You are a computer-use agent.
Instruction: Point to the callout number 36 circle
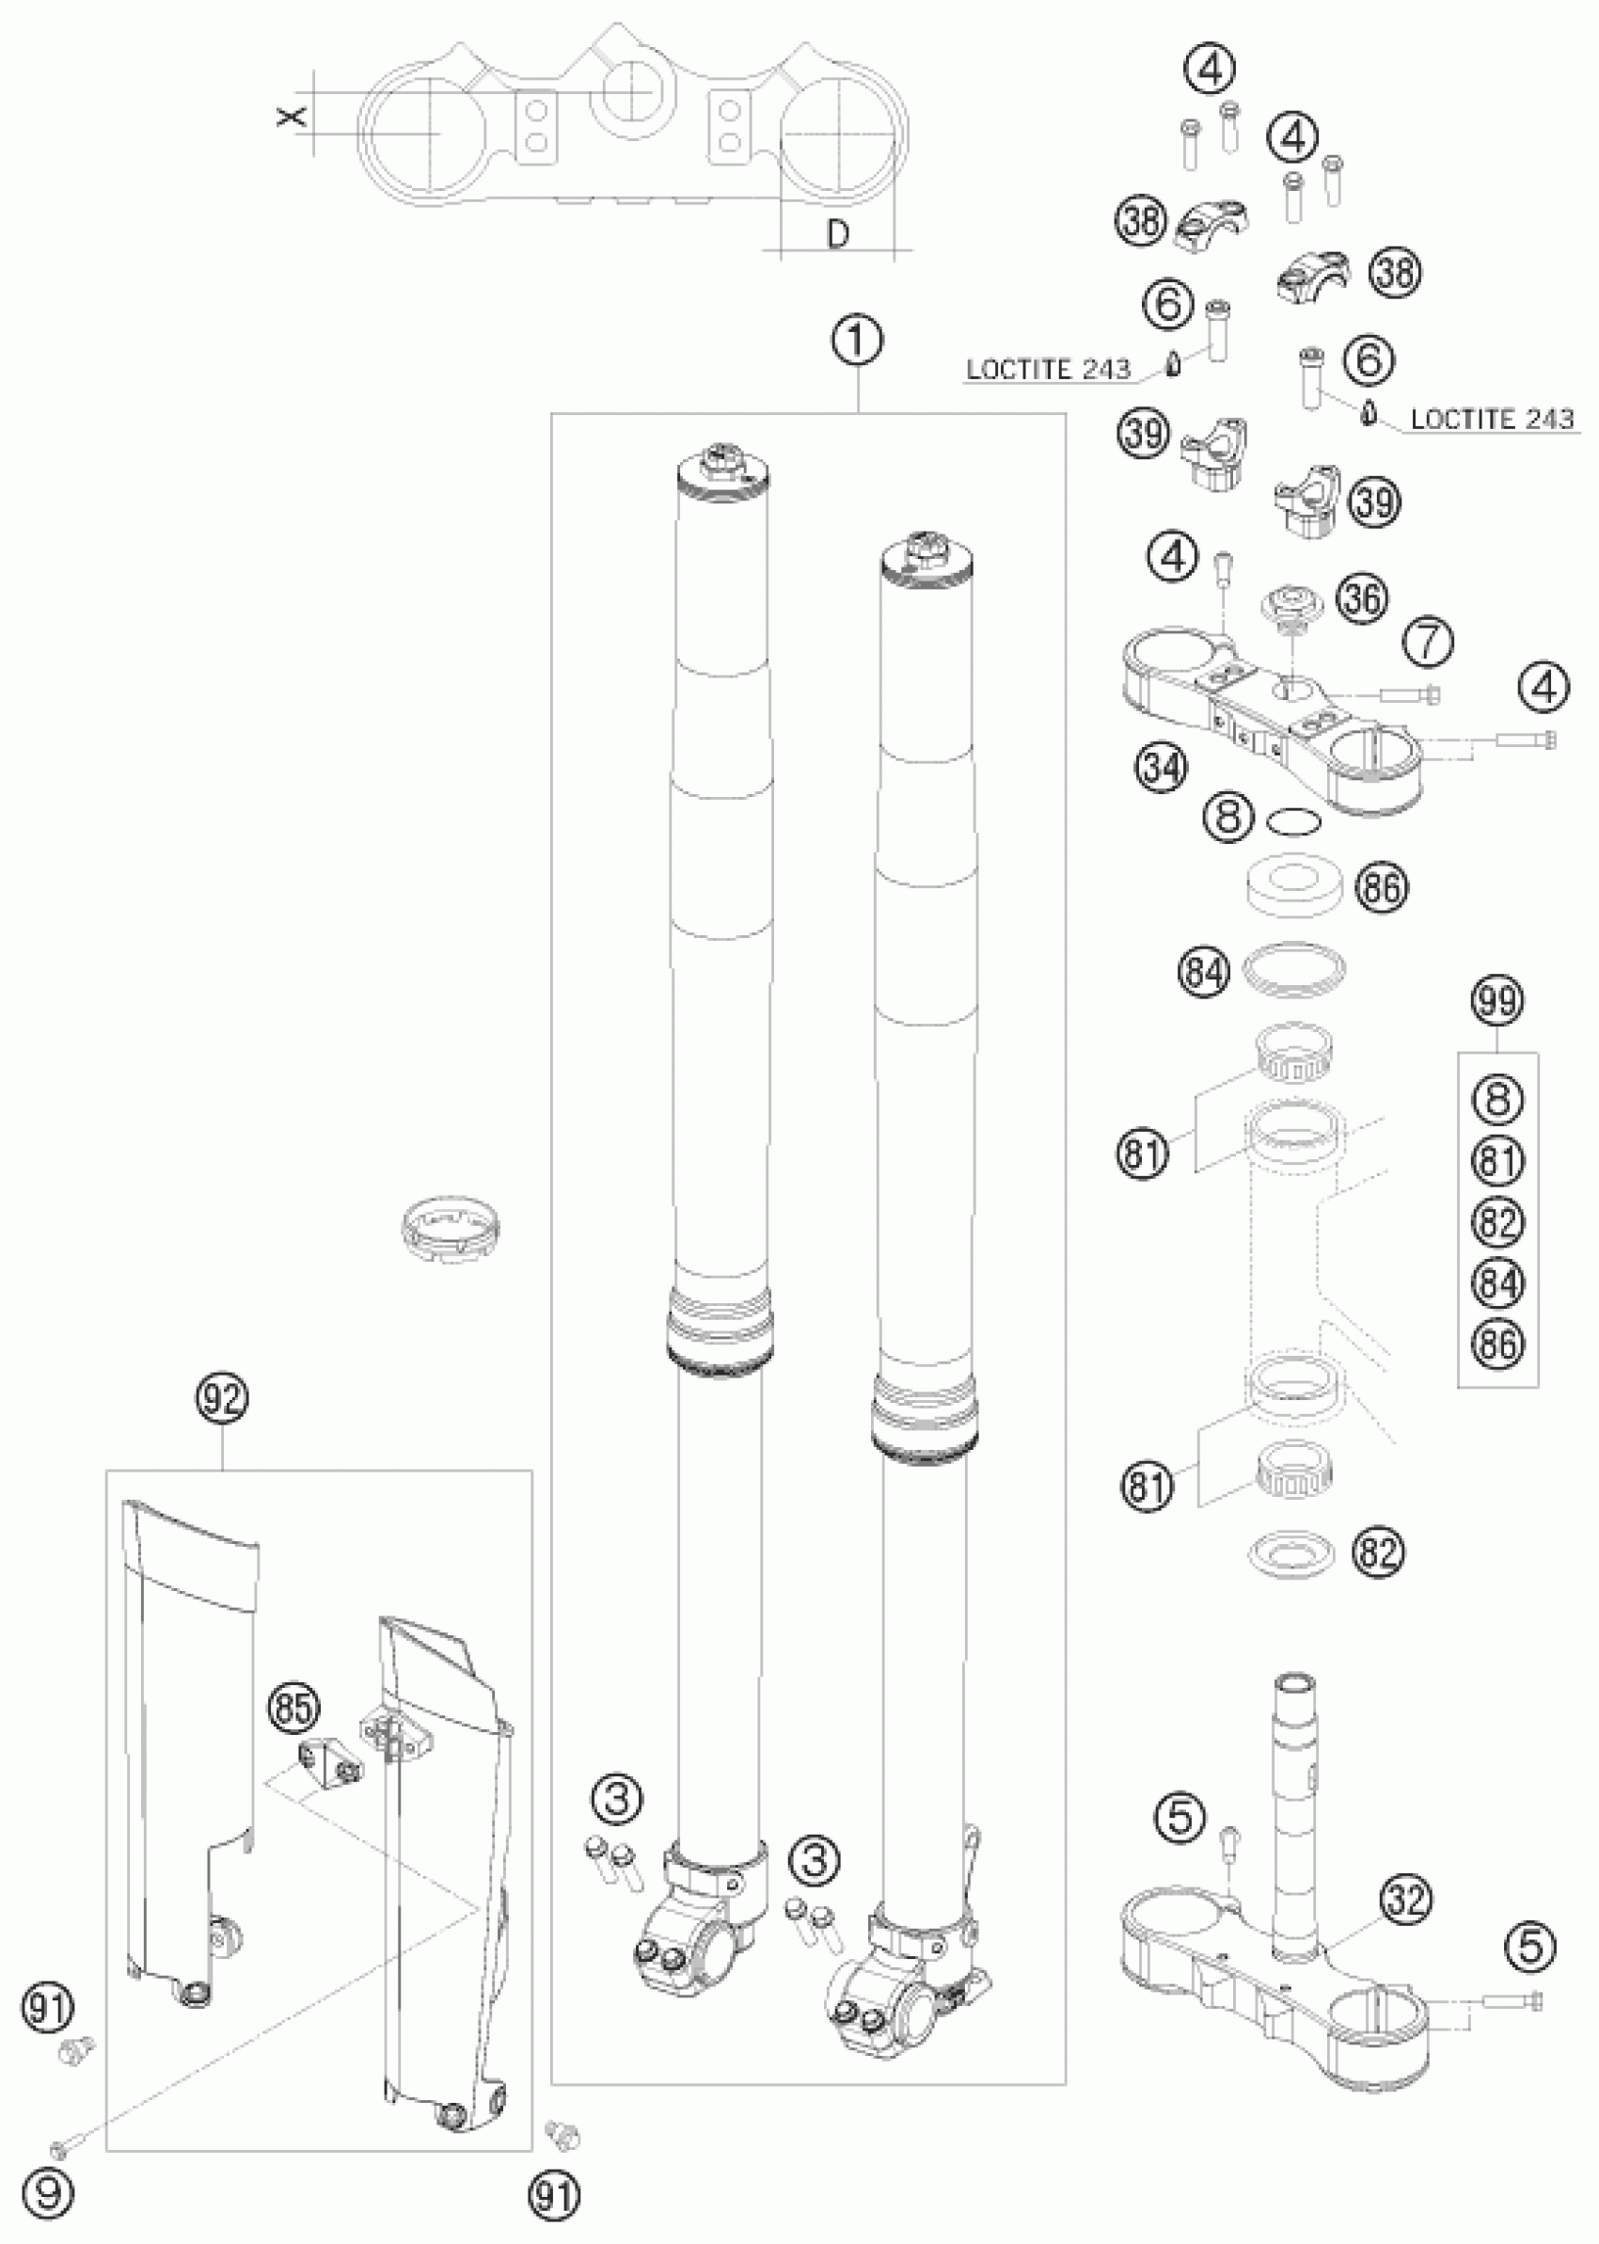point(1362,597)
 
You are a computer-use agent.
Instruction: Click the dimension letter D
point(838,234)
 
